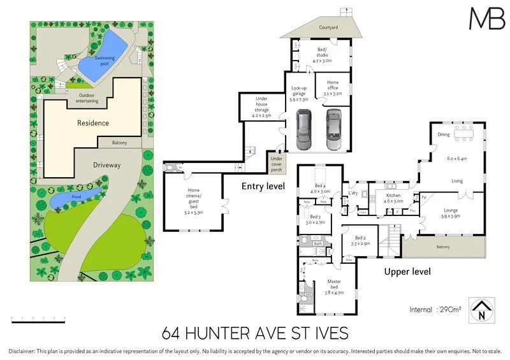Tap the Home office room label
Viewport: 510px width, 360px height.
tap(333, 87)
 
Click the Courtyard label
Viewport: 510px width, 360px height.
tap(328, 28)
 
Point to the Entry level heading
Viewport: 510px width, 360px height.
tap(263, 187)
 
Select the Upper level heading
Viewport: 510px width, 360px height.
tap(407, 272)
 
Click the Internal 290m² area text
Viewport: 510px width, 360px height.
tap(436, 310)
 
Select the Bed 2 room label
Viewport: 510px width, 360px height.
tap(360, 240)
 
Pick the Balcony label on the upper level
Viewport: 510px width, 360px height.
tap(443, 247)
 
